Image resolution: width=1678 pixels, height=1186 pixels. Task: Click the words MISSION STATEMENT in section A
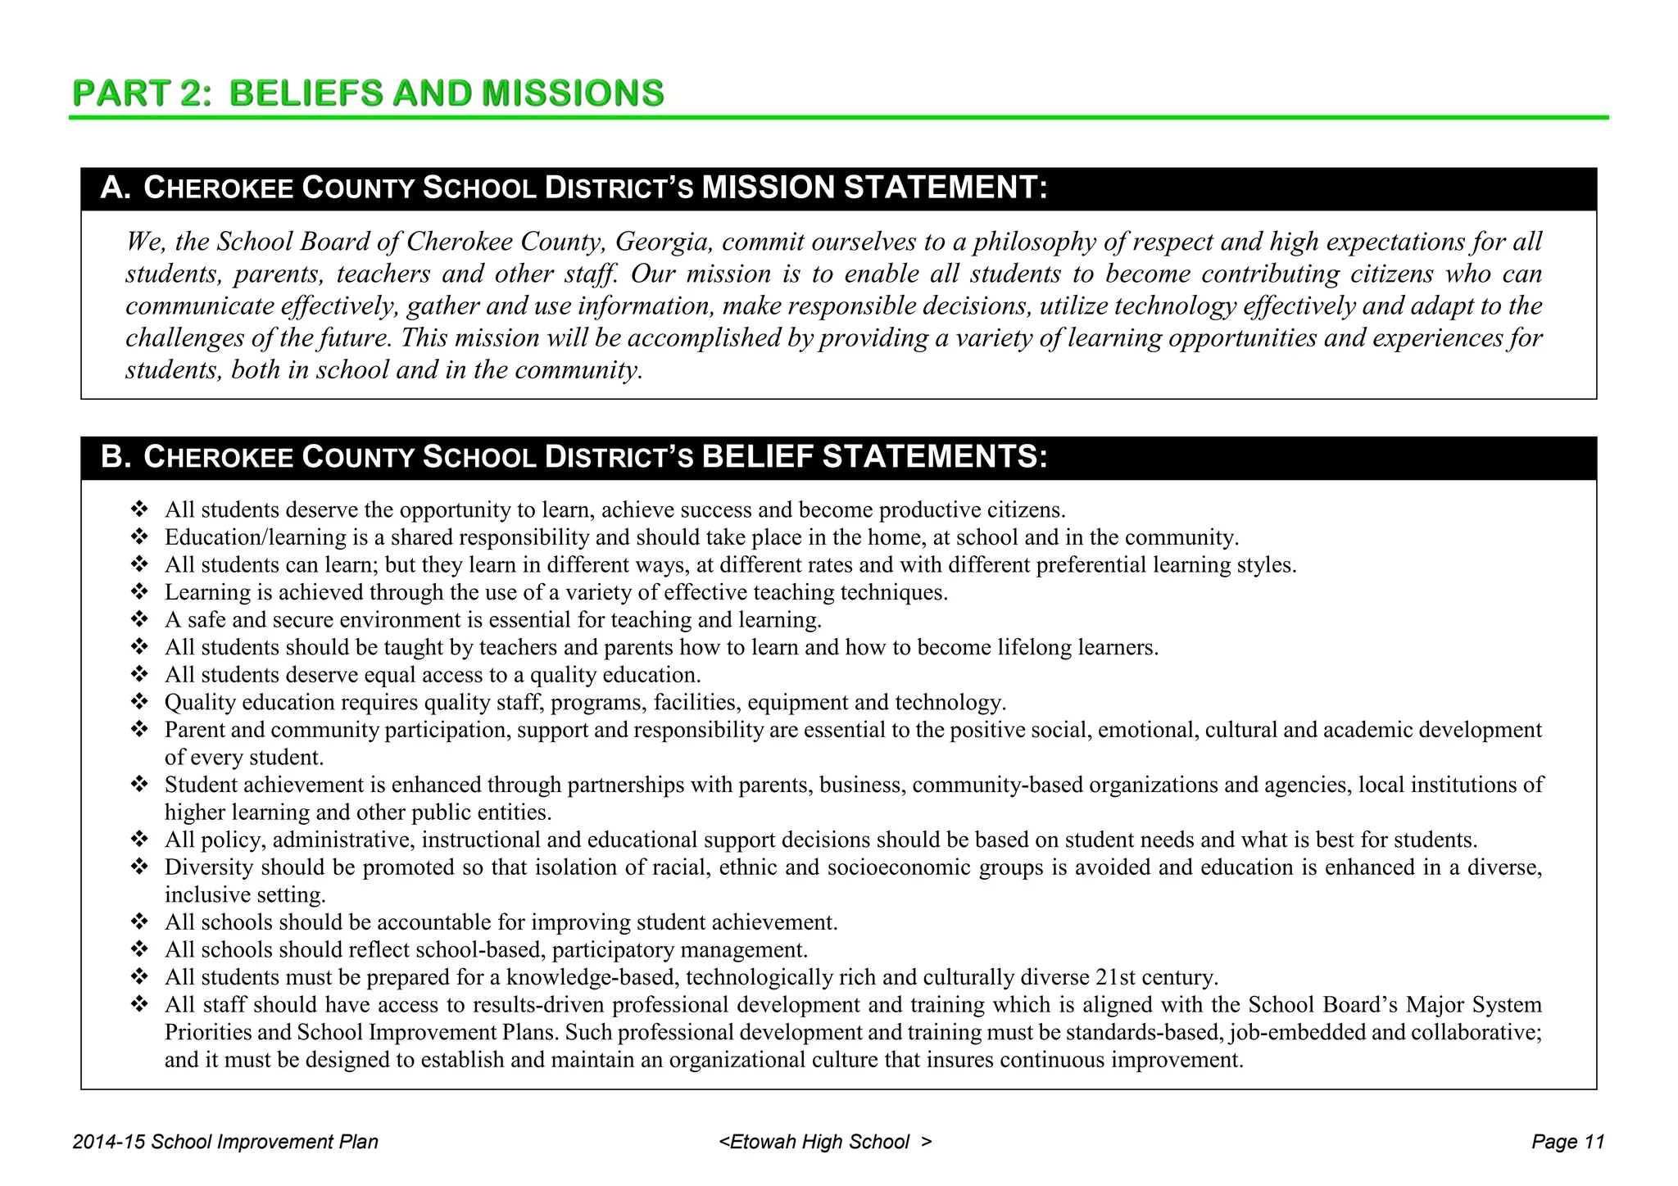point(874,188)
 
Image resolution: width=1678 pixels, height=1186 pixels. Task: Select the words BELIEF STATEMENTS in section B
point(874,457)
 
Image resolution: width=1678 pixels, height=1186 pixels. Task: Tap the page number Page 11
point(1567,1142)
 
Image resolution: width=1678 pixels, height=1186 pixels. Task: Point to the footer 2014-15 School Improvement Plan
point(225,1142)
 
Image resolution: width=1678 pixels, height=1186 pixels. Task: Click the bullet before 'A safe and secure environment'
point(138,619)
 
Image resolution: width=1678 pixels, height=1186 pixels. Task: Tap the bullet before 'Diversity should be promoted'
point(138,867)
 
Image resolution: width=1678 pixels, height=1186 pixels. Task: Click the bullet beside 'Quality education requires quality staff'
point(138,702)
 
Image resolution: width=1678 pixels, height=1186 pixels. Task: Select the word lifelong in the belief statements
point(1035,648)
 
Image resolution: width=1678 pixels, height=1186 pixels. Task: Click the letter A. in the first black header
point(116,188)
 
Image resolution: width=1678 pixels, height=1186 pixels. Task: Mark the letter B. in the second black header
point(116,457)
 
